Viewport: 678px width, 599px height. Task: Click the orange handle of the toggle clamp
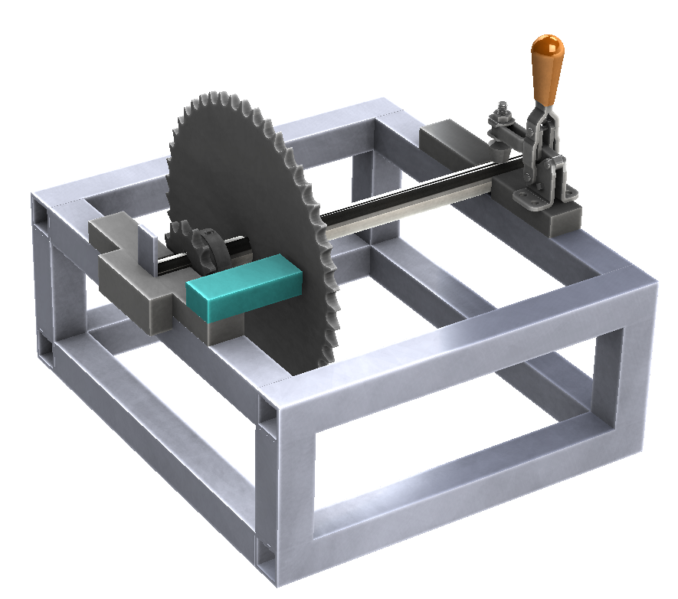click(x=548, y=69)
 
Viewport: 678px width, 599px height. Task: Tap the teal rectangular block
click(x=244, y=290)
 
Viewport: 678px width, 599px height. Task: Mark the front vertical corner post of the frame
click(x=287, y=490)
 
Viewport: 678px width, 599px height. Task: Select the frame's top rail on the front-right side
click(x=467, y=345)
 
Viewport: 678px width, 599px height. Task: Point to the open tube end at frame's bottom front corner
click(x=265, y=563)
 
